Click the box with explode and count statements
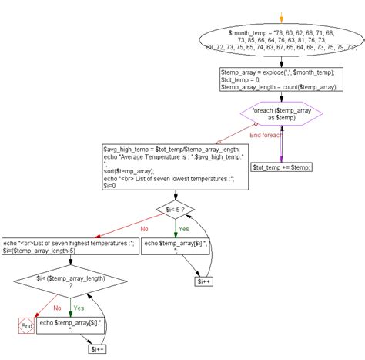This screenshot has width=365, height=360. click(x=281, y=79)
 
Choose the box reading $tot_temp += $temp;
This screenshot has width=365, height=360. click(x=282, y=166)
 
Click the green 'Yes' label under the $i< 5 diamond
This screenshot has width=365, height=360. click(x=182, y=228)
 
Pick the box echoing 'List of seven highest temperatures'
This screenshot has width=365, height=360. click(x=70, y=246)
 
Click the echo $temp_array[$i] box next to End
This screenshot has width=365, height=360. click(x=71, y=326)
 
